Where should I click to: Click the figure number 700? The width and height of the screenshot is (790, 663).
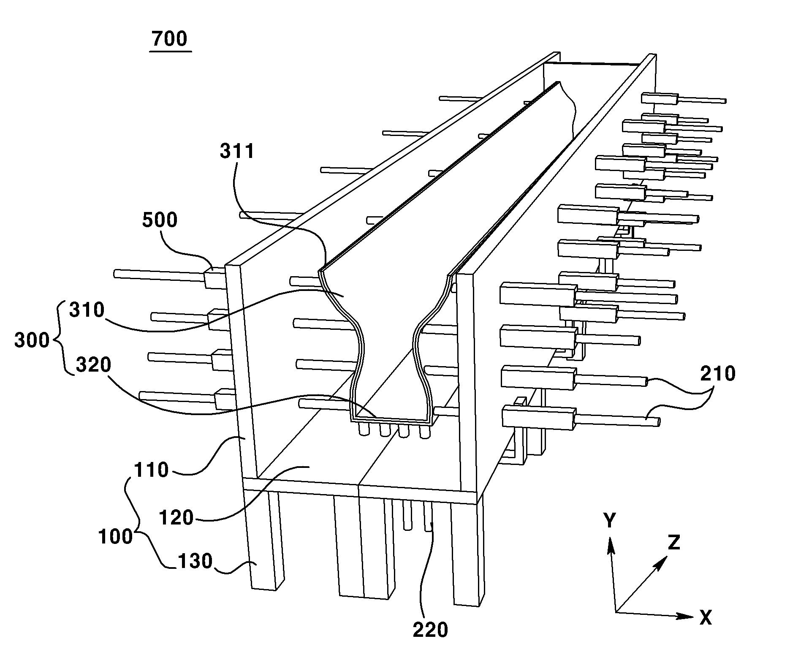[x=169, y=39]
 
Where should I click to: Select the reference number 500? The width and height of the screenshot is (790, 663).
[x=160, y=220]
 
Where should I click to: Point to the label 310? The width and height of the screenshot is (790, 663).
[x=87, y=310]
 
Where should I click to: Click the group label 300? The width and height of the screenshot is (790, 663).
[x=32, y=340]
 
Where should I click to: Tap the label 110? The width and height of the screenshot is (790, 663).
[x=151, y=470]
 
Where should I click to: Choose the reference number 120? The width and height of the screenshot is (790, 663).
[x=176, y=517]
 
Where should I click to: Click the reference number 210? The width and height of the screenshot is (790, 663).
[x=718, y=374]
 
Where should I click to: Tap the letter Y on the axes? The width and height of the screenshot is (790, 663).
[x=610, y=521]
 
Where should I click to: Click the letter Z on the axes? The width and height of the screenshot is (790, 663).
[x=673, y=542]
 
